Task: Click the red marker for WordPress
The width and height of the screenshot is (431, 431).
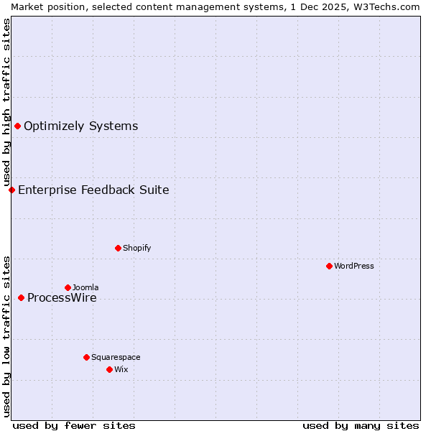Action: click(x=329, y=266)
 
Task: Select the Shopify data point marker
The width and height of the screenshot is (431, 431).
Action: click(x=118, y=248)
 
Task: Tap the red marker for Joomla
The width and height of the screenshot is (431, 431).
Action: click(x=68, y=287)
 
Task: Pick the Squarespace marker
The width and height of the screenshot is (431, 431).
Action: click(x=86, y=357)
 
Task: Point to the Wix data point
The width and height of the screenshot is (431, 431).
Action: click(x=109, y=369)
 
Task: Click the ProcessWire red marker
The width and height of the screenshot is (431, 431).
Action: click(x=21, y=297)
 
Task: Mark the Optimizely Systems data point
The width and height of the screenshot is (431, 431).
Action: click(x=17, y=126)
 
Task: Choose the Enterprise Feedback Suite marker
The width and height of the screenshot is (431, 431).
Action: click(x=11, y=190)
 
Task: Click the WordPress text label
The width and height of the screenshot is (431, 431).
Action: click(x=354, y=266)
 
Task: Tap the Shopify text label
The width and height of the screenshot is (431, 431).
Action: click(x=136, y=248)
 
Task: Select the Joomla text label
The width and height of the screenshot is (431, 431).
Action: click(x=85, y=287)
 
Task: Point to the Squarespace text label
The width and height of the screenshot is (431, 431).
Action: click(x=116, y=357)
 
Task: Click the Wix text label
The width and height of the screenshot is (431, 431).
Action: click(x=121, y=369)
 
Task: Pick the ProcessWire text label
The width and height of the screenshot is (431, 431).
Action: click(x=62, y=298)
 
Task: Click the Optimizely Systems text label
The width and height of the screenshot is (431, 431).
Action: click(x=80, y=126)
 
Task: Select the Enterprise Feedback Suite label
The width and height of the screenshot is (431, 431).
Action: click(x=93, y=190)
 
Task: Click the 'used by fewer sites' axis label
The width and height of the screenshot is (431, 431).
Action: click(x=74, y=425)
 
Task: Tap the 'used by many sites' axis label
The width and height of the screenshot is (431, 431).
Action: click(x=361, y=425)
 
